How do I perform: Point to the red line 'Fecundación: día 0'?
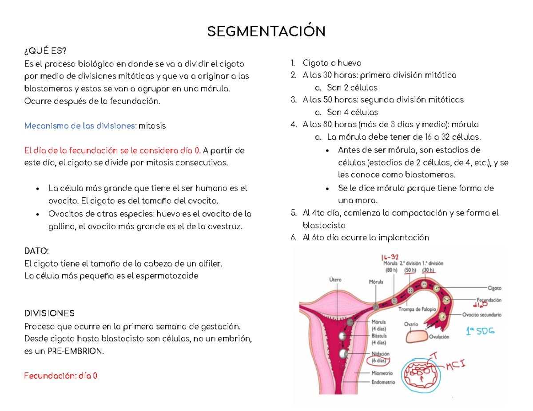coord(60,376)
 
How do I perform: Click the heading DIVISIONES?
coord(49,314)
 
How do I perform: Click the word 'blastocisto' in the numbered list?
coord(321,225)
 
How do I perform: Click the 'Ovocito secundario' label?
coord(481,315)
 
